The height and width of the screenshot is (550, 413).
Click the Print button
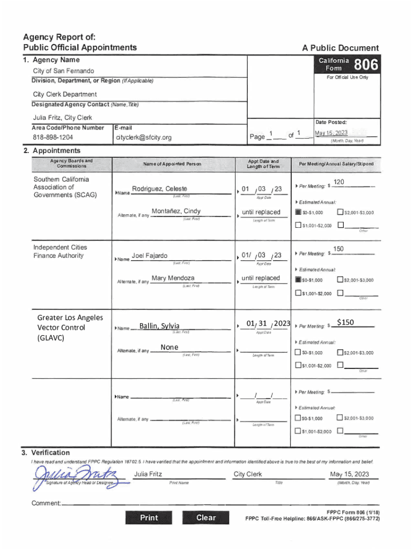pyautogui.click(x=149, y=518)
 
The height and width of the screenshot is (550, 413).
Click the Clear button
pyautogui.click(x=206, y=518)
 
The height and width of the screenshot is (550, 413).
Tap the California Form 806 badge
pyautogui.click(x=349, y=64)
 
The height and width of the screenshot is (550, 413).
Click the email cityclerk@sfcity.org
pyautogui.click(x=144, y=137)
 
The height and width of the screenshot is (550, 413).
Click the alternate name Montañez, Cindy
pyautogui.click(x=176, y=211)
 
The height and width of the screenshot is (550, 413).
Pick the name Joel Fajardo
pyautogui.click(x=150, y=256)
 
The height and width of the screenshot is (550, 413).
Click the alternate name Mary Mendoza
pyautogui.click(x=173, y=278)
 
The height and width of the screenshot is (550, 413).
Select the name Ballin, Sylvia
pyautogui.click(x=159, y=326)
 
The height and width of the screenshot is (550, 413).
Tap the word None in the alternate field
pyautogui.click(x=169, y=348)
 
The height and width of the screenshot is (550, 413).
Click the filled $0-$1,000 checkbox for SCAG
pyautogui.click(x=298, y=213)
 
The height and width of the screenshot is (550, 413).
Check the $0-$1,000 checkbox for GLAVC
pyautogui.click(x=298, y=352)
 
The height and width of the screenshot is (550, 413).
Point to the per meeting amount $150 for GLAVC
pyautogui.click(x=345, y=322)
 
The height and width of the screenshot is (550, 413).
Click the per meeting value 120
pyautogui.click(x=339, y=183)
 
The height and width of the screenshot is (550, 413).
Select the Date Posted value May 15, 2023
pyautogui.click(x=331, y=133)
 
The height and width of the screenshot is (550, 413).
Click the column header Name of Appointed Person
pyautogui.click(x=172, y=163)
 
